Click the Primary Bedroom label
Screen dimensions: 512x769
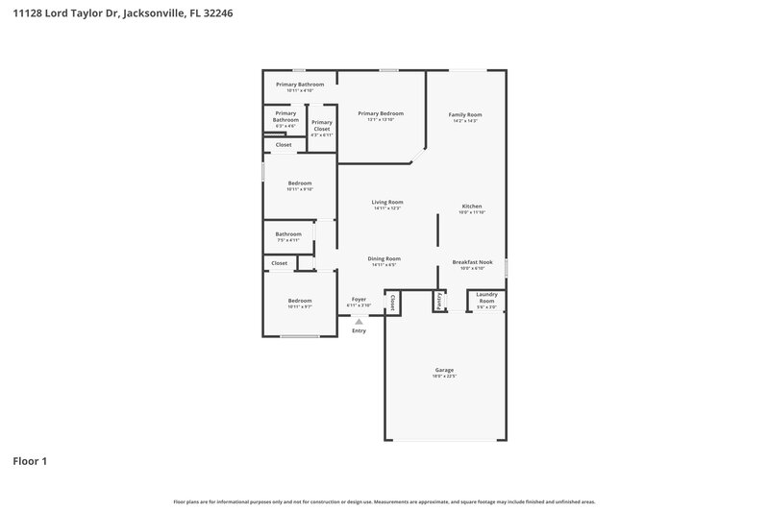(x=381, y=113)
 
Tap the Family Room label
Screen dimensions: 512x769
(x=465, y=114)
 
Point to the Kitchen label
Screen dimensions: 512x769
(x=471, y=207)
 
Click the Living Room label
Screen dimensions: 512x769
(x=386, y=202)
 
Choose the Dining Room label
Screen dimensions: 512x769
(x=384, y=258)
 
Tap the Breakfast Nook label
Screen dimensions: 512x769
(x=472, y=261)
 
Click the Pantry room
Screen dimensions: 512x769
(x=439, y=302)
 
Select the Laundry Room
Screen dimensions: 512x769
(x=486, y=300)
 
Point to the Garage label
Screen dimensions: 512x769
(x=443, y=370)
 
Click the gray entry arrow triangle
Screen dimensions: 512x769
(x=359, y=321)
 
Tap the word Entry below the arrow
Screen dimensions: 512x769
(x=359, y=330)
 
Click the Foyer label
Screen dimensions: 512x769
(x=359, y=299)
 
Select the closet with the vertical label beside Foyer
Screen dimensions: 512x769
(x=392, y=303)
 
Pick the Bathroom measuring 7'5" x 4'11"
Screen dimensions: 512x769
(x=288, y=236)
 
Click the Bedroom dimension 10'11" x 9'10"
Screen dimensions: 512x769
(x=300, y=189)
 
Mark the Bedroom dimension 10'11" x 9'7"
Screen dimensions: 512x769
(x=300, y=307)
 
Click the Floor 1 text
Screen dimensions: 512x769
(x=30, y=461)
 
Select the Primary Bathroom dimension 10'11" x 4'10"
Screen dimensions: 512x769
(x=300, y=90)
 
